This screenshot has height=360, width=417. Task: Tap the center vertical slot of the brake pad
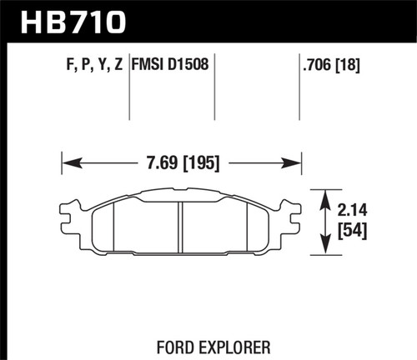(x=180, y=227)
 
